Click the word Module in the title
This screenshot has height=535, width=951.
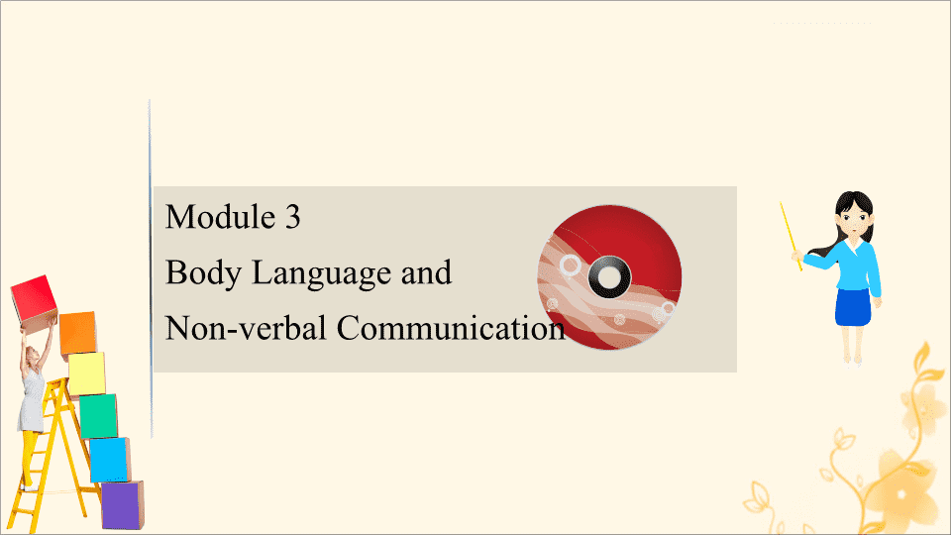(x=220, y=217)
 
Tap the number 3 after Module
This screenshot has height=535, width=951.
(x=293, y=217)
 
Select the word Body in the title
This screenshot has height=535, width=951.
(x=203, y=273)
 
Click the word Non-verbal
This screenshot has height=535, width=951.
(x=246, y=328)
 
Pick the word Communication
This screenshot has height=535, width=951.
(x=451, y=328)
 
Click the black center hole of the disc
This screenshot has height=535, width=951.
(x=609, y=277)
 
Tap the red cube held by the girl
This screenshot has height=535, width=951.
(x=34, y=298)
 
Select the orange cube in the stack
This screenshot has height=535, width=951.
(x=77, y=333)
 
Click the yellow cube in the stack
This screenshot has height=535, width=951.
(x=87, y=374)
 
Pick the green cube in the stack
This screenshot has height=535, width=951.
(x=98, y=416)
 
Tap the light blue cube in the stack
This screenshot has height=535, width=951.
(x=110, y=459)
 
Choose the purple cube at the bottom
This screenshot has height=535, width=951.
(x=123, y=504)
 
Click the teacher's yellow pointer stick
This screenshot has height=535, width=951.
(x=791, y=237)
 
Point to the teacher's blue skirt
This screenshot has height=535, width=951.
(x=853, y=307)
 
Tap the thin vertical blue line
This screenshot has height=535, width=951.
(x=151, y=268)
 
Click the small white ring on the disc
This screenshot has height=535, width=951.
(x=570, y=266)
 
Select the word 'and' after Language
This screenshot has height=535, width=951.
(x=426, y=273)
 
